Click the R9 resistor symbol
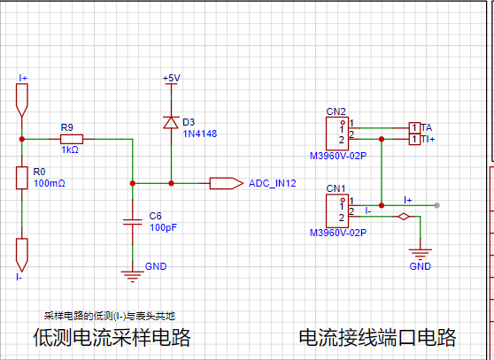click(72, 139)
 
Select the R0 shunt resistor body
click(22, 178)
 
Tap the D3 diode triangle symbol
click(171, 122)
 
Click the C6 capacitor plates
click(132, 222)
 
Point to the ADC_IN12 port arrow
click(227, 183)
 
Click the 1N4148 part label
click(200, 134)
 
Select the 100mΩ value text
click(50, 183)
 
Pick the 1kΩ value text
click(70, 149)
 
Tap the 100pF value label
click(163, 227)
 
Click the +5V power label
click(172, 78)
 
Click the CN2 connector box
click(337, 134)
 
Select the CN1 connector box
click(337, 211)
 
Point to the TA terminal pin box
click(414, 127)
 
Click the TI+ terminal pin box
click(414, 139)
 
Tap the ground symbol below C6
click(132, 276)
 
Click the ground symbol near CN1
click(420, 254)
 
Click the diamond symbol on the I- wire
click(404, 217)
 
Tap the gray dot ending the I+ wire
click(436, 205)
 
